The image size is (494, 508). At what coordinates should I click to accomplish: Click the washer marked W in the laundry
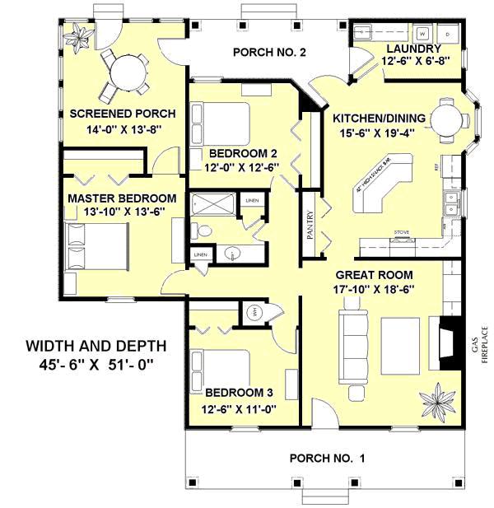(422, 34)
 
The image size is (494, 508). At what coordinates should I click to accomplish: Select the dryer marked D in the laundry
(447, 34)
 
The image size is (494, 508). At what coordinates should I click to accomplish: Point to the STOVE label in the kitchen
(403, 232)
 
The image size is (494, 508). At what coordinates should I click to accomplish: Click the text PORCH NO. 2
(270, 53)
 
